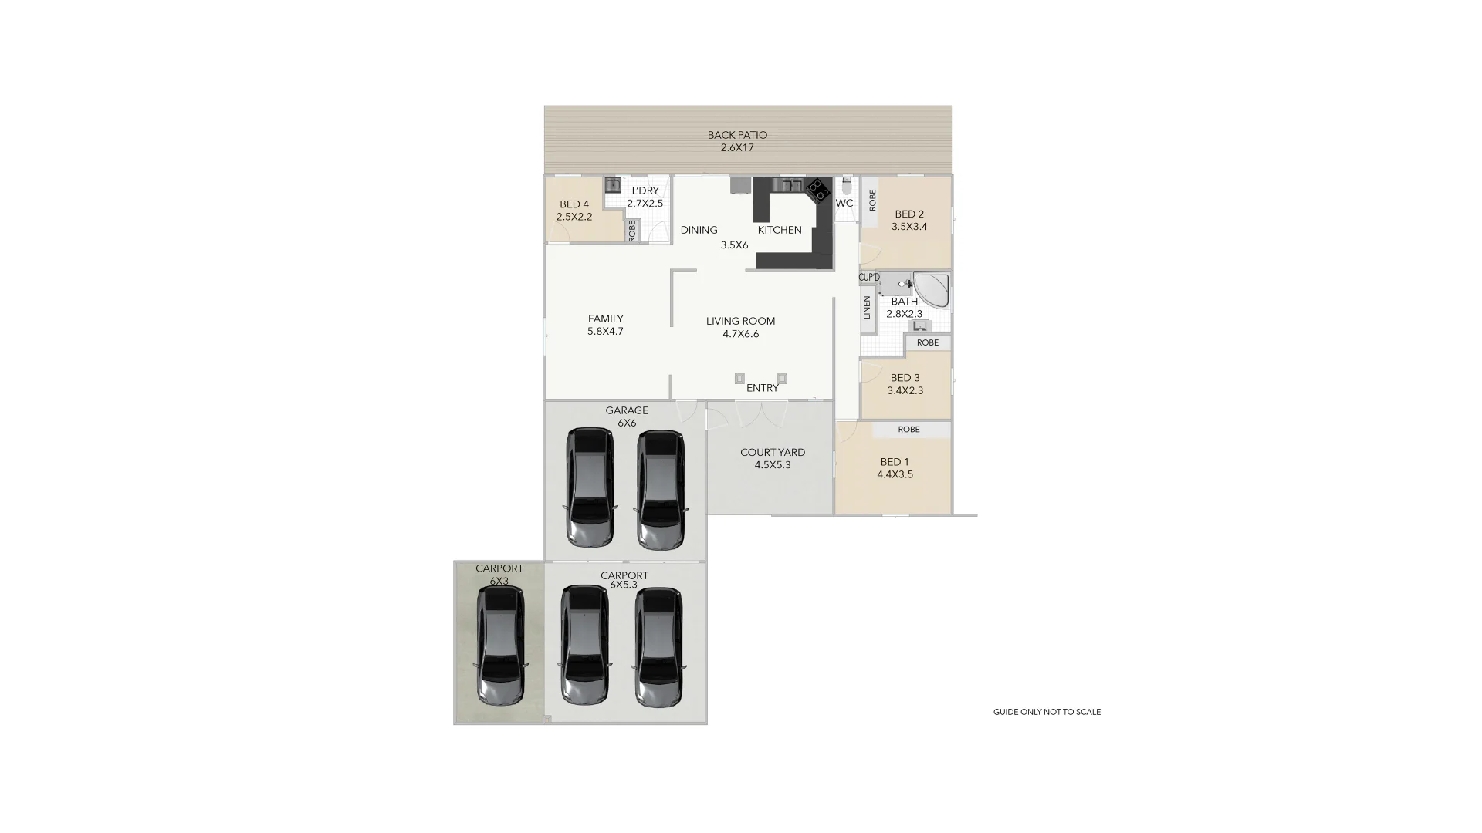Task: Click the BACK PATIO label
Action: click(x=737, y=135)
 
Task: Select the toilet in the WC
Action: click(x=847, y=186)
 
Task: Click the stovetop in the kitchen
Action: click(x=818, y=189)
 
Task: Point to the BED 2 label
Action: click(x=909, y=214)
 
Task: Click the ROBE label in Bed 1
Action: click(x=909, y=430)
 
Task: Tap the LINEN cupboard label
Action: click(x=867, y=308)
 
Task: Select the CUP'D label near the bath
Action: click(x=869, y=277)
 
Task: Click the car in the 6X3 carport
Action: click(x=500, y=645)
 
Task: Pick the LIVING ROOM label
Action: click(x=740, y=321)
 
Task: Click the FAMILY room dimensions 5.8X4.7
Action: click(x=605, y=332)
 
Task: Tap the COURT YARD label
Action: click(x=773, y=453)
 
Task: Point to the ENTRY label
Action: click(x=763, y=388)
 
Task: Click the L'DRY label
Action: click(x=645, y=191)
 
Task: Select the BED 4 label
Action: click(x=574, y=204)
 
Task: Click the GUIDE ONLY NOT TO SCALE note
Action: click(x=1047, y=712)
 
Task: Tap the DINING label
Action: click(x=699, y=230)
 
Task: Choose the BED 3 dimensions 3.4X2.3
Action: click(x=905, y=390)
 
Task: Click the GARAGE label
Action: click(x=627, y=410)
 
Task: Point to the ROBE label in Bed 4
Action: click(x=632, y=231)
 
